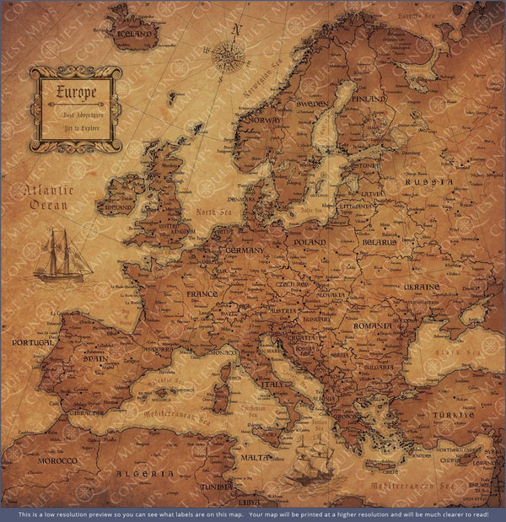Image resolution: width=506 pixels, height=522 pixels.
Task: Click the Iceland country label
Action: point(137,35)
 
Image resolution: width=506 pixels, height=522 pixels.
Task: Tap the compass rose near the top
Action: point(228,56)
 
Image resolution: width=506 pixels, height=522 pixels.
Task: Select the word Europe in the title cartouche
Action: point(76,92)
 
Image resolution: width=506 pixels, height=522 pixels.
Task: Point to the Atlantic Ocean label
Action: point(49,197)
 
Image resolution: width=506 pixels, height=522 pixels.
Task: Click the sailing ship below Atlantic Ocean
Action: point(62,256)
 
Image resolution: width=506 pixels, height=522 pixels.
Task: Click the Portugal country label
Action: point(33,343)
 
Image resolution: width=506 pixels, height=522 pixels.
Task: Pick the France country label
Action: point(202,294)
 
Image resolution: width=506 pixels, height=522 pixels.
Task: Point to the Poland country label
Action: point(310,243)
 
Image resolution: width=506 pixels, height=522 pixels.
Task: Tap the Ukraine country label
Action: point(421,288)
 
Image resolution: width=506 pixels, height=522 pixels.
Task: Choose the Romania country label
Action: point(374,325)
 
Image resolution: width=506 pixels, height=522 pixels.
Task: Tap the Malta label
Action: point(256,457)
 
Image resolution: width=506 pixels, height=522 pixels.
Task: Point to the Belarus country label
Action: point(379,242)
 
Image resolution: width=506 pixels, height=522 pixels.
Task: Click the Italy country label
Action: point(274,384)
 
